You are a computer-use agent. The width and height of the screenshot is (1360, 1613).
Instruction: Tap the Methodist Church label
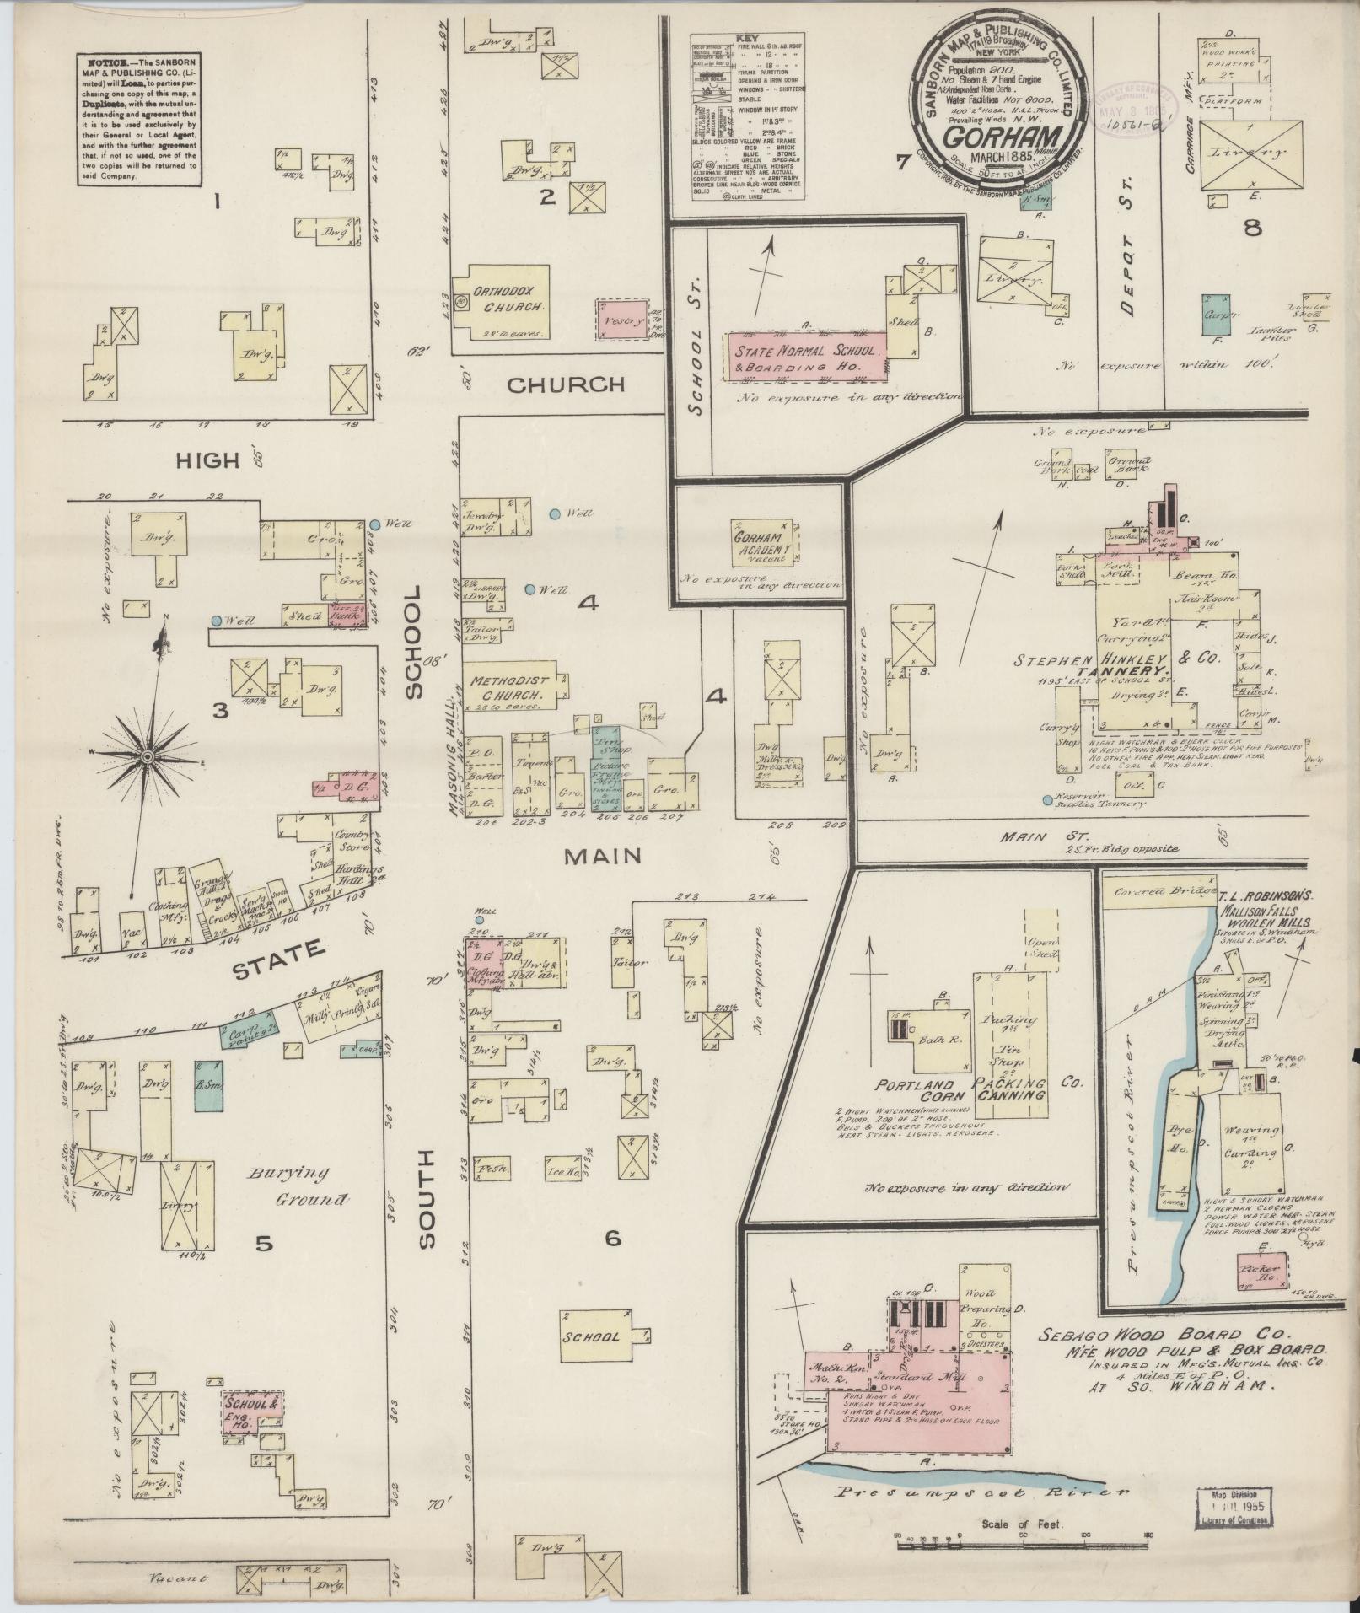click(x=510, y=687)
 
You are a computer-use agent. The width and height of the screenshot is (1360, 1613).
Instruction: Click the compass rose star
click(x=147, y=756)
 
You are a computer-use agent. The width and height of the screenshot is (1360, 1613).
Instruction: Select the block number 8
click(x=1253, y=228)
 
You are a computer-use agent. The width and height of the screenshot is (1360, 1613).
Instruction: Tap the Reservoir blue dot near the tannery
click(x=1046, y=798)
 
